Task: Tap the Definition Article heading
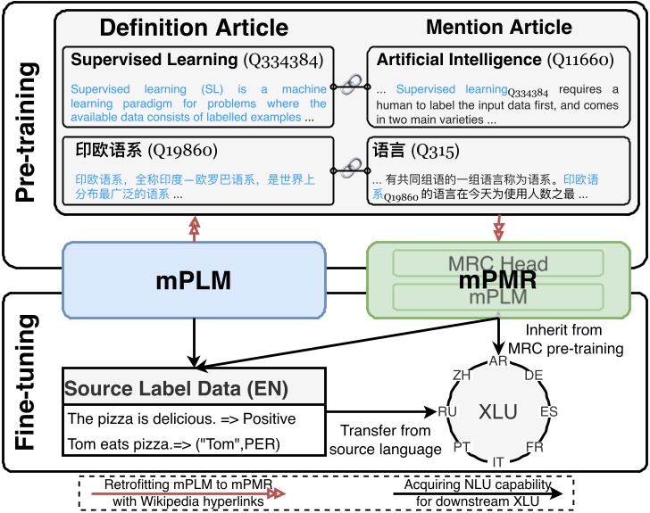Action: [194, 29]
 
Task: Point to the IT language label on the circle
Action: [497, 461]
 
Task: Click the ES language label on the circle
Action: [547, 412]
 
